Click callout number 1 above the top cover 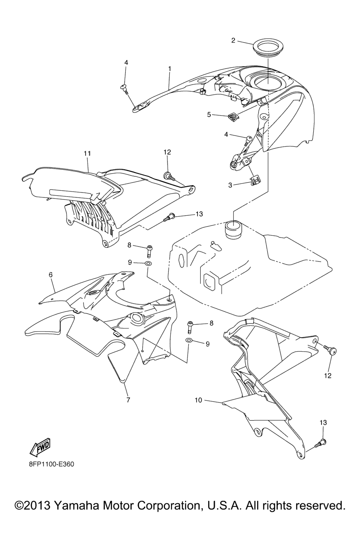pyautogui.click(x=169, y=69)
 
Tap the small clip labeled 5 pyautogui.click(x=232, y=116)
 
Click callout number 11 pyautogui.click(x=87, y=153)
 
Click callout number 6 pyautogui.click(x=51, y=275)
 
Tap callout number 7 pyautogui.click(x=128, y=400)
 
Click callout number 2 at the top pyautogui.click(x=233, y=40)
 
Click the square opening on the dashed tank pyautogui.click(x=210, y=281)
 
